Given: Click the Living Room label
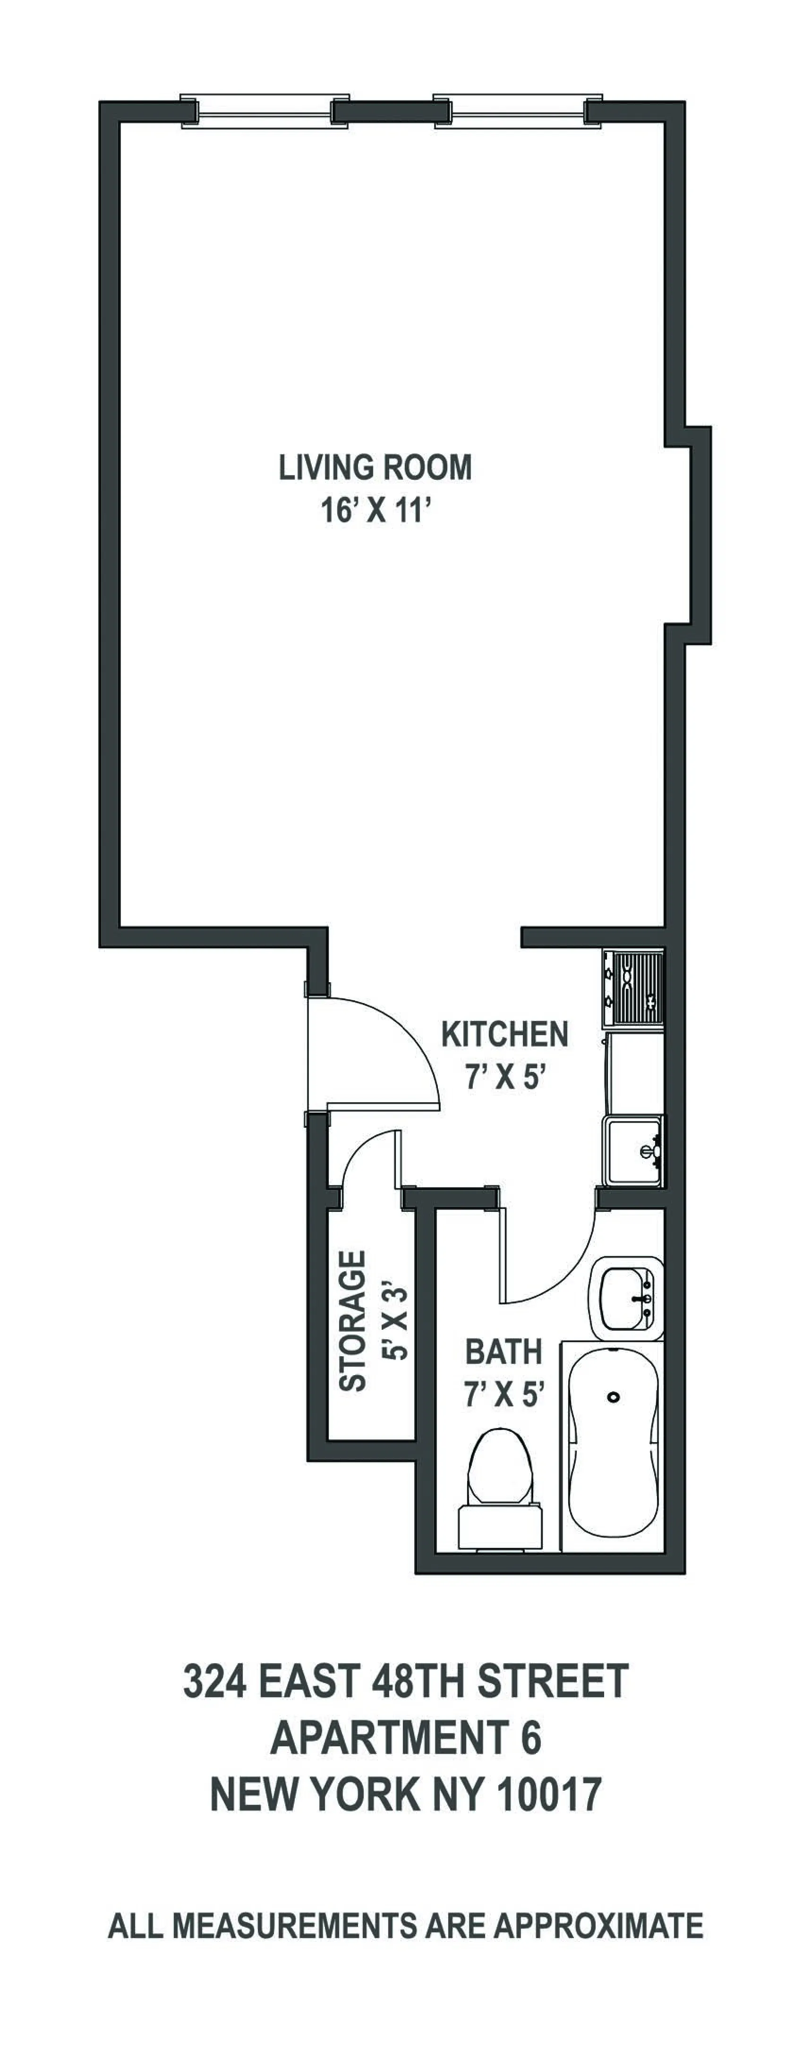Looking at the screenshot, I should [x=375, y=468].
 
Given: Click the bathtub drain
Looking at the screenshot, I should [x=613, y=1397].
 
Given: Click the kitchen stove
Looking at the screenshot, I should [x=633, y=989].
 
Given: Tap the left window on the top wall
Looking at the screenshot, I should [x=264, y=111].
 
